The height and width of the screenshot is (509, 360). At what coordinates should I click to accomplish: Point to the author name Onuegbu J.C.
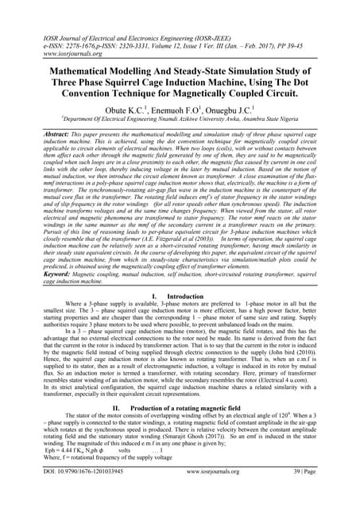point(235,108)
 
